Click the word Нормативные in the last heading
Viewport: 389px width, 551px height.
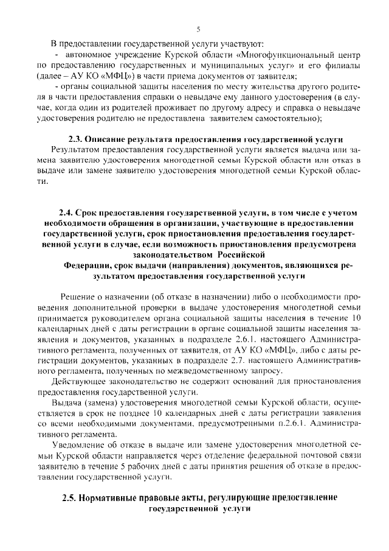115,497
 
